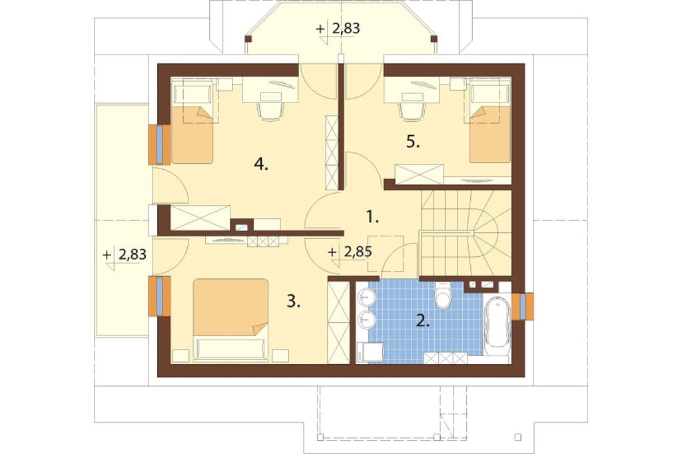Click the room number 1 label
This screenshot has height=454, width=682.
pos(372,216)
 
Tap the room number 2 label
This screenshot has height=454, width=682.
pos(423,321)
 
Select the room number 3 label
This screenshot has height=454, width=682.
pos(294,301)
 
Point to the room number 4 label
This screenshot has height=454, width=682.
pos(261,164)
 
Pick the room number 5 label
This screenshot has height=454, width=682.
pos(413,142)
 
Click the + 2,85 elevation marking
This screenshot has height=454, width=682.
pos(350,252)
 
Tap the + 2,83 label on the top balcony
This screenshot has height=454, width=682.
pos(338,29)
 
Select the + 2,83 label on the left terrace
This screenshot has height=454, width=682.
pos(125,254)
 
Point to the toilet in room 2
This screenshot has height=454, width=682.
pos(444,296)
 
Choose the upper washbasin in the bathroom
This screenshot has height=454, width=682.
pos(366,298)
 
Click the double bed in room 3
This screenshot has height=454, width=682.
pos(230,319)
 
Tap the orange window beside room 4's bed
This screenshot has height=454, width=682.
pos(160,145)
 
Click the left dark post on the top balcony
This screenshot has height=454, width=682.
pos(248,39)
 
